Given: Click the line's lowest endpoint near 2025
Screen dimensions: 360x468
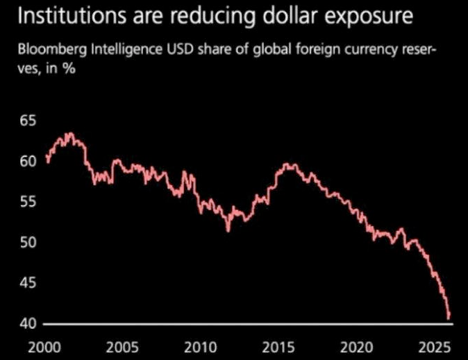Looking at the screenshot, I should [449, 318].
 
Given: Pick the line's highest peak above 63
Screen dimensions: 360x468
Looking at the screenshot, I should [69, 133].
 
